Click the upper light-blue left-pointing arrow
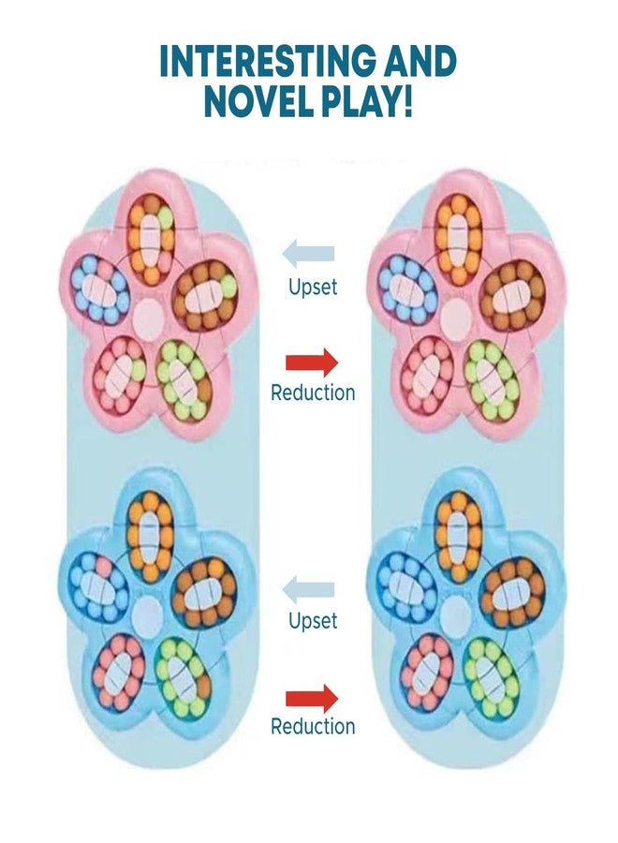(x=308, y=254)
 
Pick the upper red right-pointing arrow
(x=312, y=362)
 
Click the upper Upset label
(x=313, y=287)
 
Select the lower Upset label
(x=313, y=620)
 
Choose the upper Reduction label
(x=313, y=392)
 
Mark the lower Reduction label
(x=313, y=726)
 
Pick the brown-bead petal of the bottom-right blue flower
(x=513, y=589)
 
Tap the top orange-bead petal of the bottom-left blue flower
(x=151, y=537)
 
